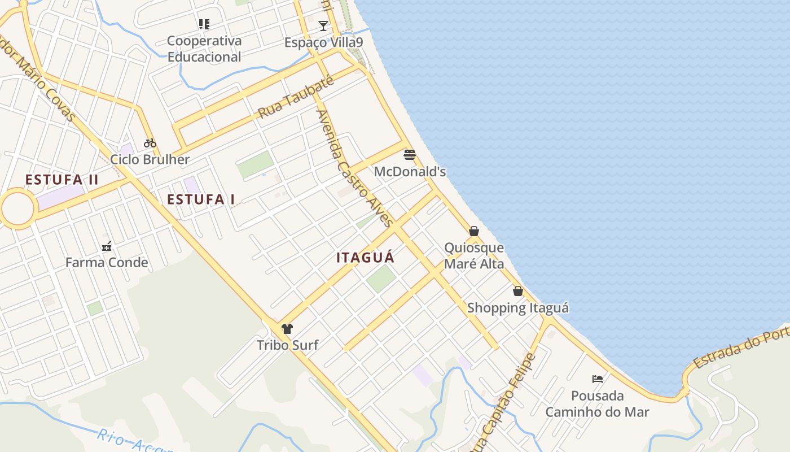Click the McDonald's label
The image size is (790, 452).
tap(410, 171)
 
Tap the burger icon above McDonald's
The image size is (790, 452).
tap(410, 154)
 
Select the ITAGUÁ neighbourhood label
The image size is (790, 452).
tap(365, 258)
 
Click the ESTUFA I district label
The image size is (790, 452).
tap(201, 199)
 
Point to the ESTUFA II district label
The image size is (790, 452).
tap(62, 180)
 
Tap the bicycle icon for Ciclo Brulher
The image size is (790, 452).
tap(150, 143)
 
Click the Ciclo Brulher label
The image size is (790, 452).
tap(150, 159)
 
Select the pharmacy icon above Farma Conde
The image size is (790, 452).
tap(107, 246)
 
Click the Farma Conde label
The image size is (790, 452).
tap(107, 263)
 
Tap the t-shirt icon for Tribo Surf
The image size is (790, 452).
tap(287, 329)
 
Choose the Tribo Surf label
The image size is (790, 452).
tap(287, 345)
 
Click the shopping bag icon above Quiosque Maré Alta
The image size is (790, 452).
tap(474, 231)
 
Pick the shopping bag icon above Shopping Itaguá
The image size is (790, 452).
tap(518, 291)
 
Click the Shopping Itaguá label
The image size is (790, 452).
tap(518, 308)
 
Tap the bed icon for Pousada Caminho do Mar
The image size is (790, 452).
tap(597, 379)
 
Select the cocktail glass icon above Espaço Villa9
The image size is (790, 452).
tap(323, 25)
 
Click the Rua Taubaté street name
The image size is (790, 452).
tap(296, 97)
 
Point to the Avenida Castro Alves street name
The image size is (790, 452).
tap(354, 168)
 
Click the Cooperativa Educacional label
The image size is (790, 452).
tap(204, 49)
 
